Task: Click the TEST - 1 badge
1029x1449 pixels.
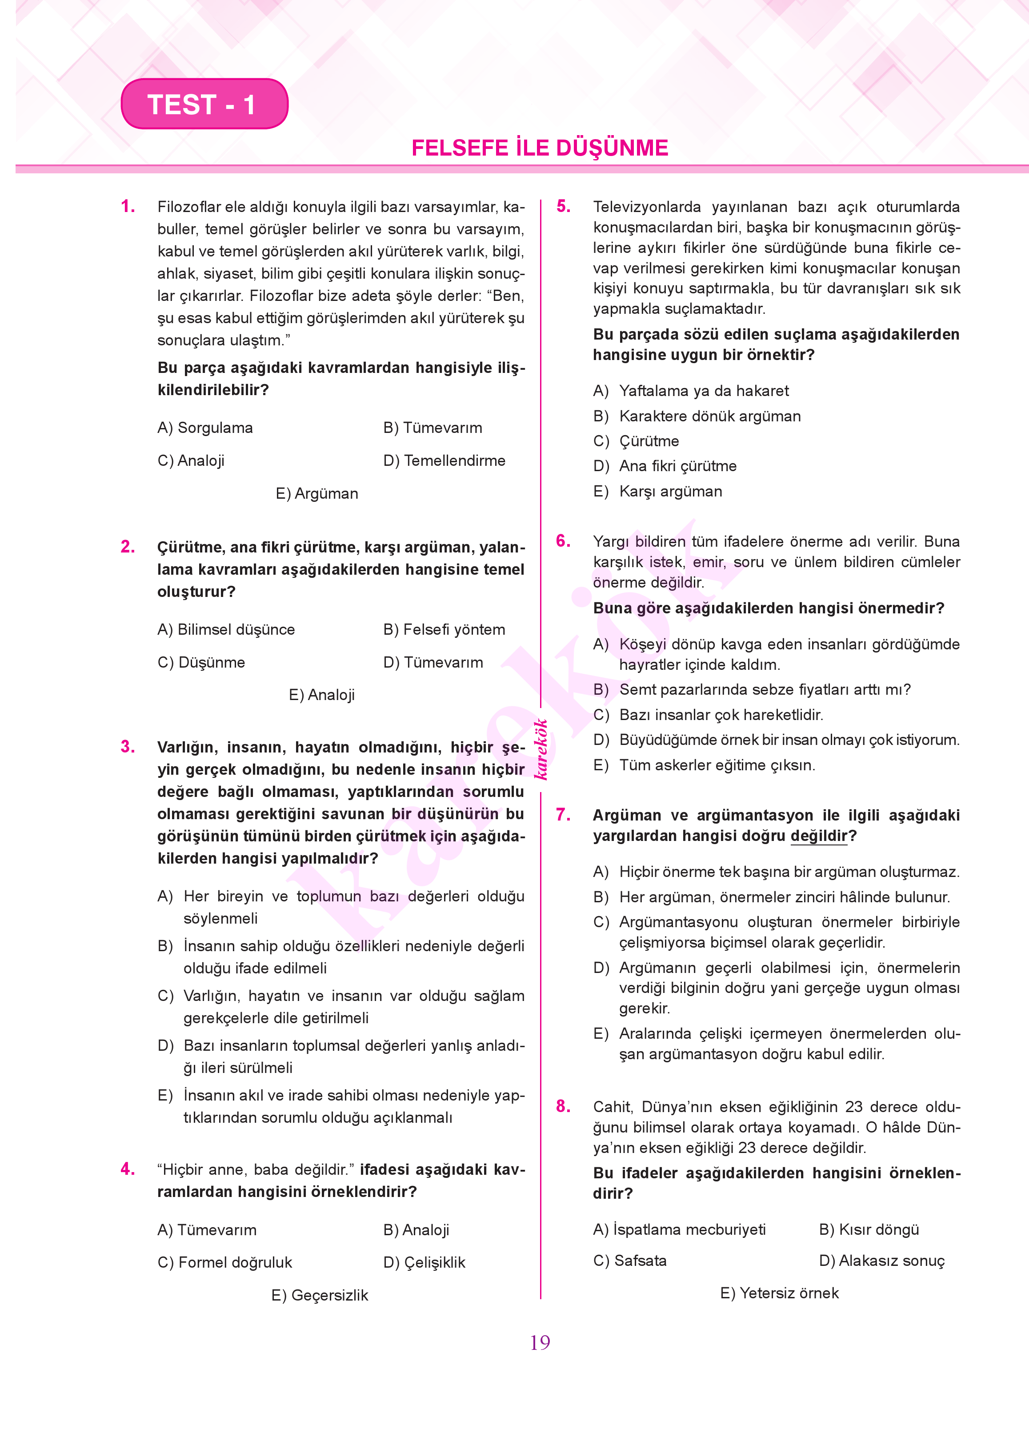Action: [204, 104]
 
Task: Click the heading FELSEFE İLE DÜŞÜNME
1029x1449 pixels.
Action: [540, 148]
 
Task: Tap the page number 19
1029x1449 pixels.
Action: [540, 1342]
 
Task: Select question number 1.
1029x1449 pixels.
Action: [128, 207]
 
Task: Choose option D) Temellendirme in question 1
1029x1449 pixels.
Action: [444, 460]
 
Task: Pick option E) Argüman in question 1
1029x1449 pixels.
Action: [317, 493]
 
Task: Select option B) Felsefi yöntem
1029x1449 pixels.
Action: [444, 630]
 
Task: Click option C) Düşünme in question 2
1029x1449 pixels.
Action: [201, 663]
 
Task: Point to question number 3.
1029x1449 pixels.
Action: [128, 747]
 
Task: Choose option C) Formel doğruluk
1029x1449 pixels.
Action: [224, 1263]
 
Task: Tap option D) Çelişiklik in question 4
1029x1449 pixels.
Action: [424, 1263]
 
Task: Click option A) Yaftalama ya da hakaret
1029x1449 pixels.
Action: [691, 391]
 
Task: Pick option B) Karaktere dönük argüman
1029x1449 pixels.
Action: [697, 416]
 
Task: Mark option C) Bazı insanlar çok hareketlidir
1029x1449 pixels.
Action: [709, 715]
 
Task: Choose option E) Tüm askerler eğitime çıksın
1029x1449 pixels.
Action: [704, 765]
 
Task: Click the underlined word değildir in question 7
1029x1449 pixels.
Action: [819, 837]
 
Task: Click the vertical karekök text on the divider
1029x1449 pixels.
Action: [541, 749]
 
